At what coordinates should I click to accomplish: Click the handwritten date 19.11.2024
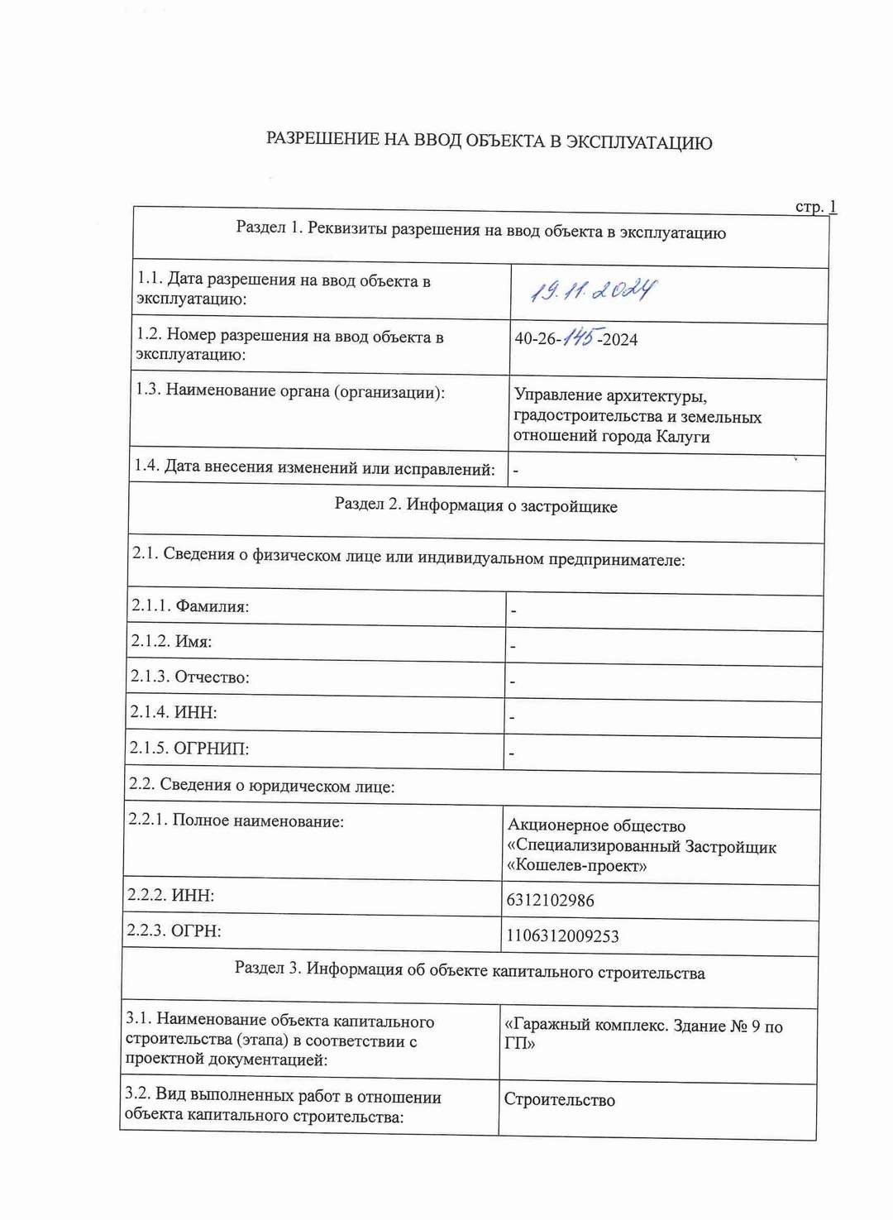(x=593, y=290)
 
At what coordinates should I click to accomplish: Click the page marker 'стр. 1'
(x=815, y=207)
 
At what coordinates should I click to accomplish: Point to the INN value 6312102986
(x=550, y=900)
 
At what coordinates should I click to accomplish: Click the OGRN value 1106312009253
(x=562, y=936)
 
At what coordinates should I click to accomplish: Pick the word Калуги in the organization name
(x=683, y=437)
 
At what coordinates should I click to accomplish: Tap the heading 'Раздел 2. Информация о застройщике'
(x=475, y=505)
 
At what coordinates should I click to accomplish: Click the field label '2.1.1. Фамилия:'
(x=190, y=606)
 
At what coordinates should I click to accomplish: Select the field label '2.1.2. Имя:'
(x=171, y=641)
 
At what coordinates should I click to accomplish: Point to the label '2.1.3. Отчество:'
(x=189, y=677)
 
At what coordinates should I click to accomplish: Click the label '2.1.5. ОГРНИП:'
(x=189, y=748)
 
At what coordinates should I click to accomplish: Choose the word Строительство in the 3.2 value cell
(x=560, y=1100)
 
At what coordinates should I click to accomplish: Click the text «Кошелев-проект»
(x=576, y=866)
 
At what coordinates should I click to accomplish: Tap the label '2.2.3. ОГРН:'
(x=174, y=931)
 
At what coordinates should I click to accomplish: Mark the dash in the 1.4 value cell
(x=516, y=471)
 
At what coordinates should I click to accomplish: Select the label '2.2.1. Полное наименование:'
(x=236, y=821)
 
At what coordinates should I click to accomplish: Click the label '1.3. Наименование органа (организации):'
(x=290, y=390)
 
